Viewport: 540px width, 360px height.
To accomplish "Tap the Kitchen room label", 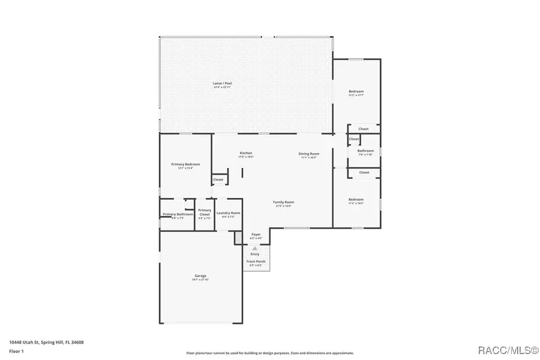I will [246, 153].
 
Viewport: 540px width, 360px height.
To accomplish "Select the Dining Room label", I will [309, 154].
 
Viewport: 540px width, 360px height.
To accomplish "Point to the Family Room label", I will [283, 202].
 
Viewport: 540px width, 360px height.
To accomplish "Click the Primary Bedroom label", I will [185, 164].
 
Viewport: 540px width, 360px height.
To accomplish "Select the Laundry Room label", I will [228, 213].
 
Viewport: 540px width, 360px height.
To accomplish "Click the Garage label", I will [200, 276].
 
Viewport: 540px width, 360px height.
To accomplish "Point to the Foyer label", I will [256, 234].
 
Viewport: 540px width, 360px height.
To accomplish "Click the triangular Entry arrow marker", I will [255, 248].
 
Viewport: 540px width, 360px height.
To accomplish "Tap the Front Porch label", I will [256, 262].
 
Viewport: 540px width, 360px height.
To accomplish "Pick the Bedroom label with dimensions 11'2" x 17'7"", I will [356, 92].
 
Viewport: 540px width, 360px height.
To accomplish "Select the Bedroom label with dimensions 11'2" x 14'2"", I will [356, 199].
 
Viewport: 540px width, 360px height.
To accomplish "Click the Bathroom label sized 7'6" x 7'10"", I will [365, 151].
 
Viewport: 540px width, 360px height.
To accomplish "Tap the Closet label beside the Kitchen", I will [218, 179].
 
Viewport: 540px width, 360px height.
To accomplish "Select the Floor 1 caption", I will [16, 352].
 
